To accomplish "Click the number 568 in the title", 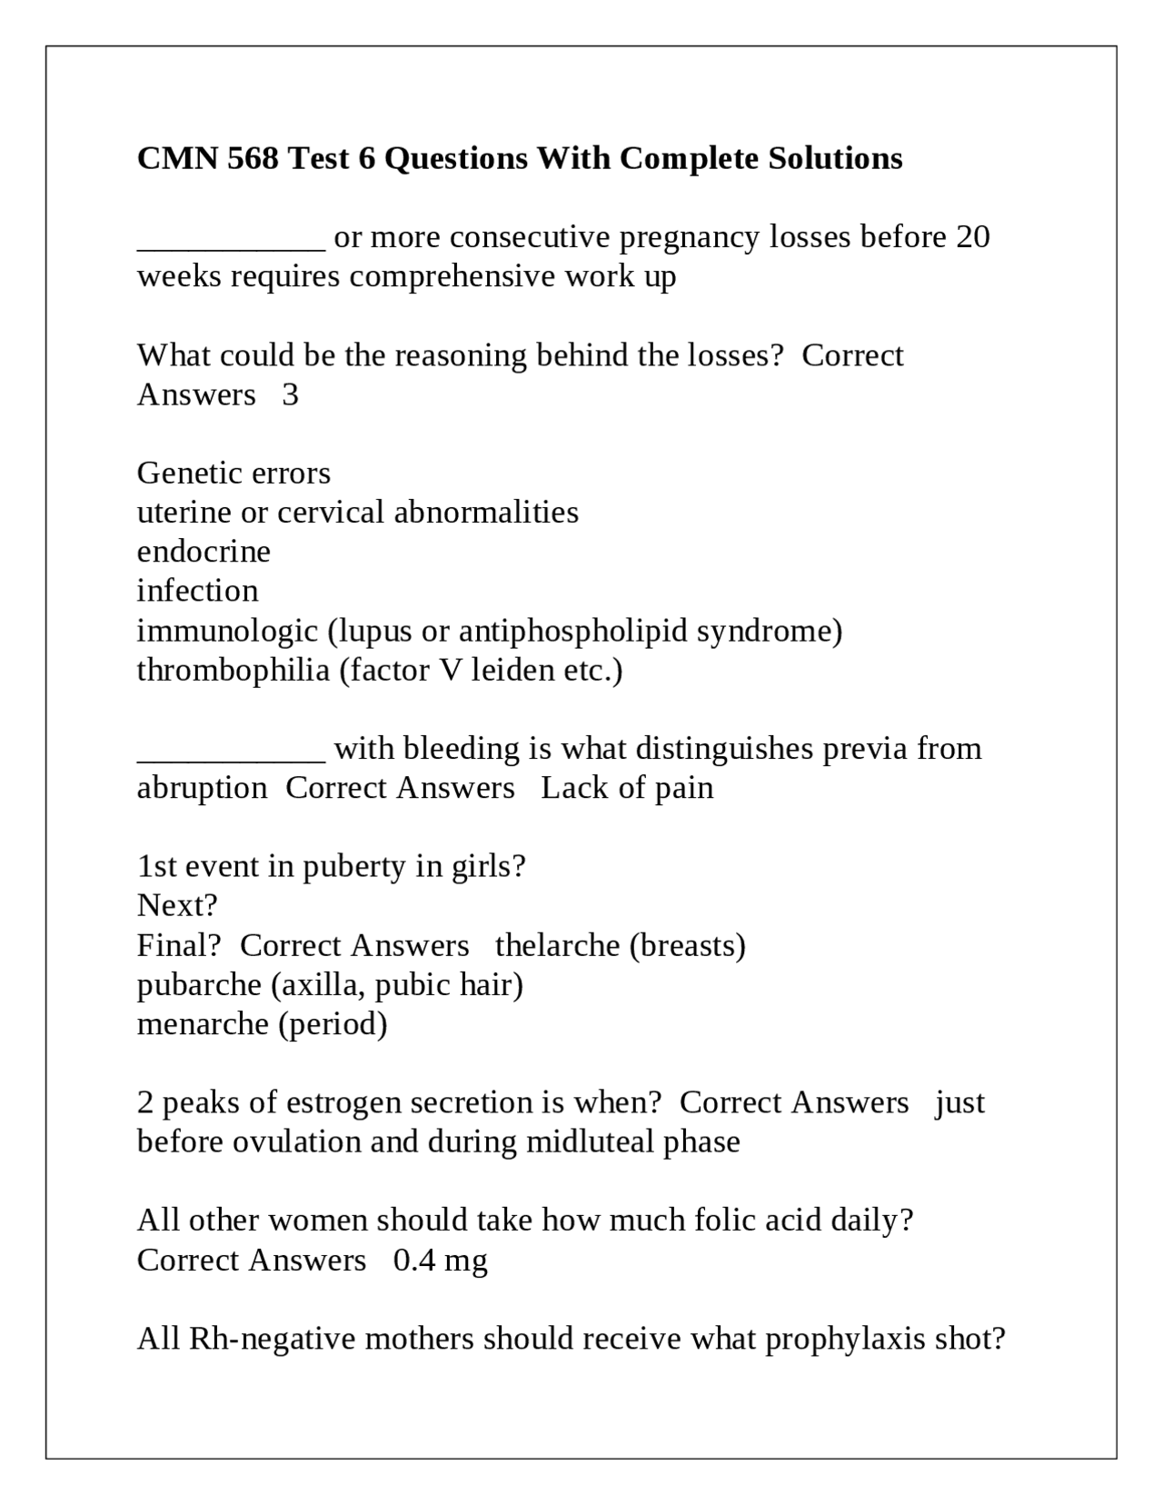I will pos(253,158).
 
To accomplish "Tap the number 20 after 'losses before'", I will pos(972,237).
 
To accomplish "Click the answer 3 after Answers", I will pos(290,394).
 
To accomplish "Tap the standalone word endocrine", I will pos(204,552).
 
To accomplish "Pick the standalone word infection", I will pos(197,591).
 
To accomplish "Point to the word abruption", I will pos(202,788).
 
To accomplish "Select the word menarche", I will pos(204,1024).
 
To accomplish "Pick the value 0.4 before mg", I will pos(413,1261).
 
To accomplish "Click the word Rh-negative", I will pos(272,1339).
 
